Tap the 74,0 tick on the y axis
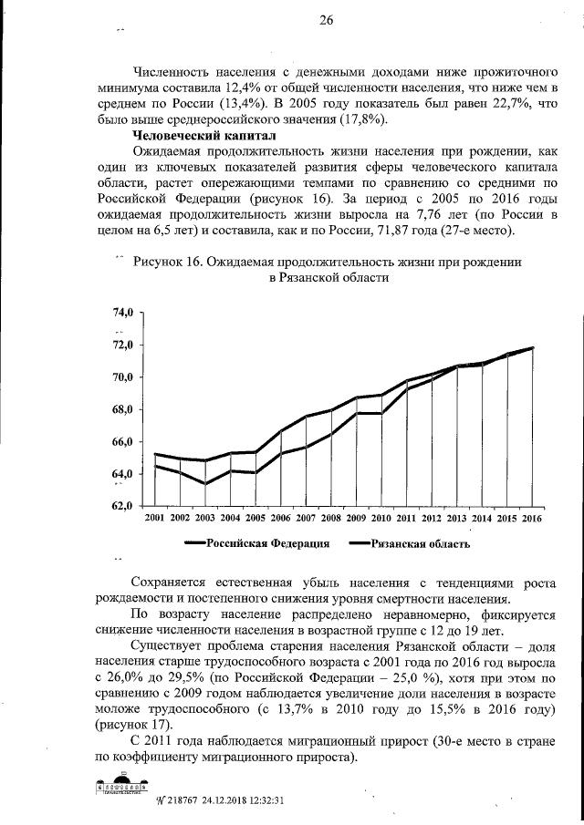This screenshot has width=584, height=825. click(123, 312)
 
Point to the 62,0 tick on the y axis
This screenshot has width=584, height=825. click(123, 506)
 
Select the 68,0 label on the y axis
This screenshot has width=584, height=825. click(123, 409)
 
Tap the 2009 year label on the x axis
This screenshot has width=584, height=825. click(356, 518)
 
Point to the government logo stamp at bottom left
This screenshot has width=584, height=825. click(122, 787)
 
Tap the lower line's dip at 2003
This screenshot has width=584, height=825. click(205, 483)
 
